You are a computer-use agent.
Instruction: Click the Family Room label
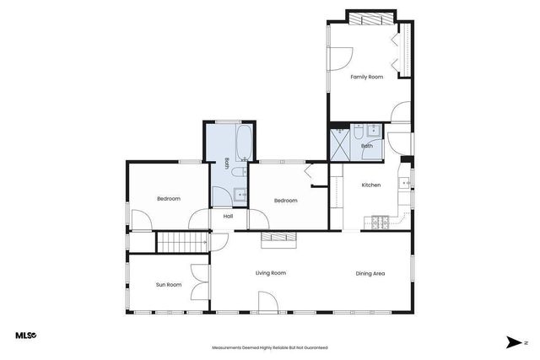pyautogui.click(x=367, y=77)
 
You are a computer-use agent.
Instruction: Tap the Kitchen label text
pyautogui.click(x=371, y=185)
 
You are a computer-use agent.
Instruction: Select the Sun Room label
pyautogui.click(x=169, y=285)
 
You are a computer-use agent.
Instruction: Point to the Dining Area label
pyautogui.click(x=370, y=273)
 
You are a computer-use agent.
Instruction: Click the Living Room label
pyautogui.click(x=271, y=273)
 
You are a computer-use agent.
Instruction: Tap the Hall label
pyautogui.click(x=228, y=217)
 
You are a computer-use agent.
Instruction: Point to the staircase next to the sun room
pyautogui.click(x=183, y=242)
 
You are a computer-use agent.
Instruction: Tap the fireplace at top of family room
pyautogui.click(x=370, y=19)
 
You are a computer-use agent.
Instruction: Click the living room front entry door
pyautogui.click(x=267, y=302)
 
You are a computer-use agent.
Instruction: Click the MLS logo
pyautogui.click(x=26, y=336)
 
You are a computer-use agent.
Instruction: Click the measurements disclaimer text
pyautogui.click(x=269, y=347)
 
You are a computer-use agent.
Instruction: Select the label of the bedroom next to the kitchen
pyautogui.click(x=286, y=201)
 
